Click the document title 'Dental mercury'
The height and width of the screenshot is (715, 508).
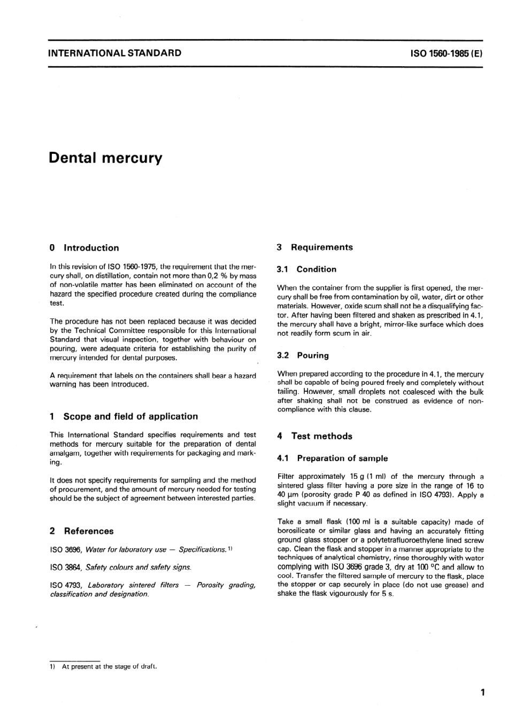pos(105,158)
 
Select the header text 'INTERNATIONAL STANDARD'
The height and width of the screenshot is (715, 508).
pos(114,53)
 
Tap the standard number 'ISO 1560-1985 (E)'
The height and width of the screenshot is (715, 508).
pos(446,53)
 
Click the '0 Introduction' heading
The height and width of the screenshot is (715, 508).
pos(84,248)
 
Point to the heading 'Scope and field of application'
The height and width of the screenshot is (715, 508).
pos(130,416)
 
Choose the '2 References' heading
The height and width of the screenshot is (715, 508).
pos(81,531)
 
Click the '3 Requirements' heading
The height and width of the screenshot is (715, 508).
pos(315,247)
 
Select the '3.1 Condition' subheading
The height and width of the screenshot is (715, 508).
pos(307,269)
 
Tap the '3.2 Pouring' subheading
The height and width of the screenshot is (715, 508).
pos(303,355)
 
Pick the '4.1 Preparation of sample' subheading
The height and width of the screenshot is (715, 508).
pos(333,458)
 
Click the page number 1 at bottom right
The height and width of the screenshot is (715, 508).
pos(482,693)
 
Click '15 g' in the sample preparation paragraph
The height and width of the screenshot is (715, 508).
pos(357,477)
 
